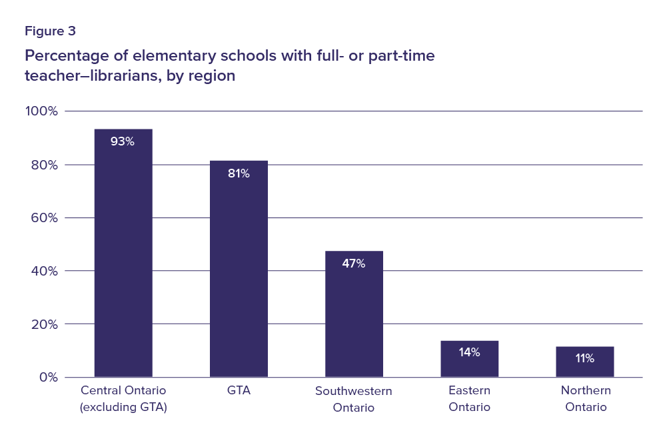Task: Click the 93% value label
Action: click(x=123, y=141)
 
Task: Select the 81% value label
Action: click(x=239, y=173)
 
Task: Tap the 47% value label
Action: click(x=354, y=264)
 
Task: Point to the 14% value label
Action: click(x=469, y=352)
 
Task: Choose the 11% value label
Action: click(x=584, y=358)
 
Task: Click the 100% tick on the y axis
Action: click(x=42, y=111)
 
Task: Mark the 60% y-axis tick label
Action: click(x=45, y=217)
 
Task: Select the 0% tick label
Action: click(x=48, y=377)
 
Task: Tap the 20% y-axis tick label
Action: click(x=45, y=324)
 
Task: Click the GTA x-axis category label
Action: click(x=239, y=390)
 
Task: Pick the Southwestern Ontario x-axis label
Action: click(x=354, y=399)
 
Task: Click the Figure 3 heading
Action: click(x=51, y=31)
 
